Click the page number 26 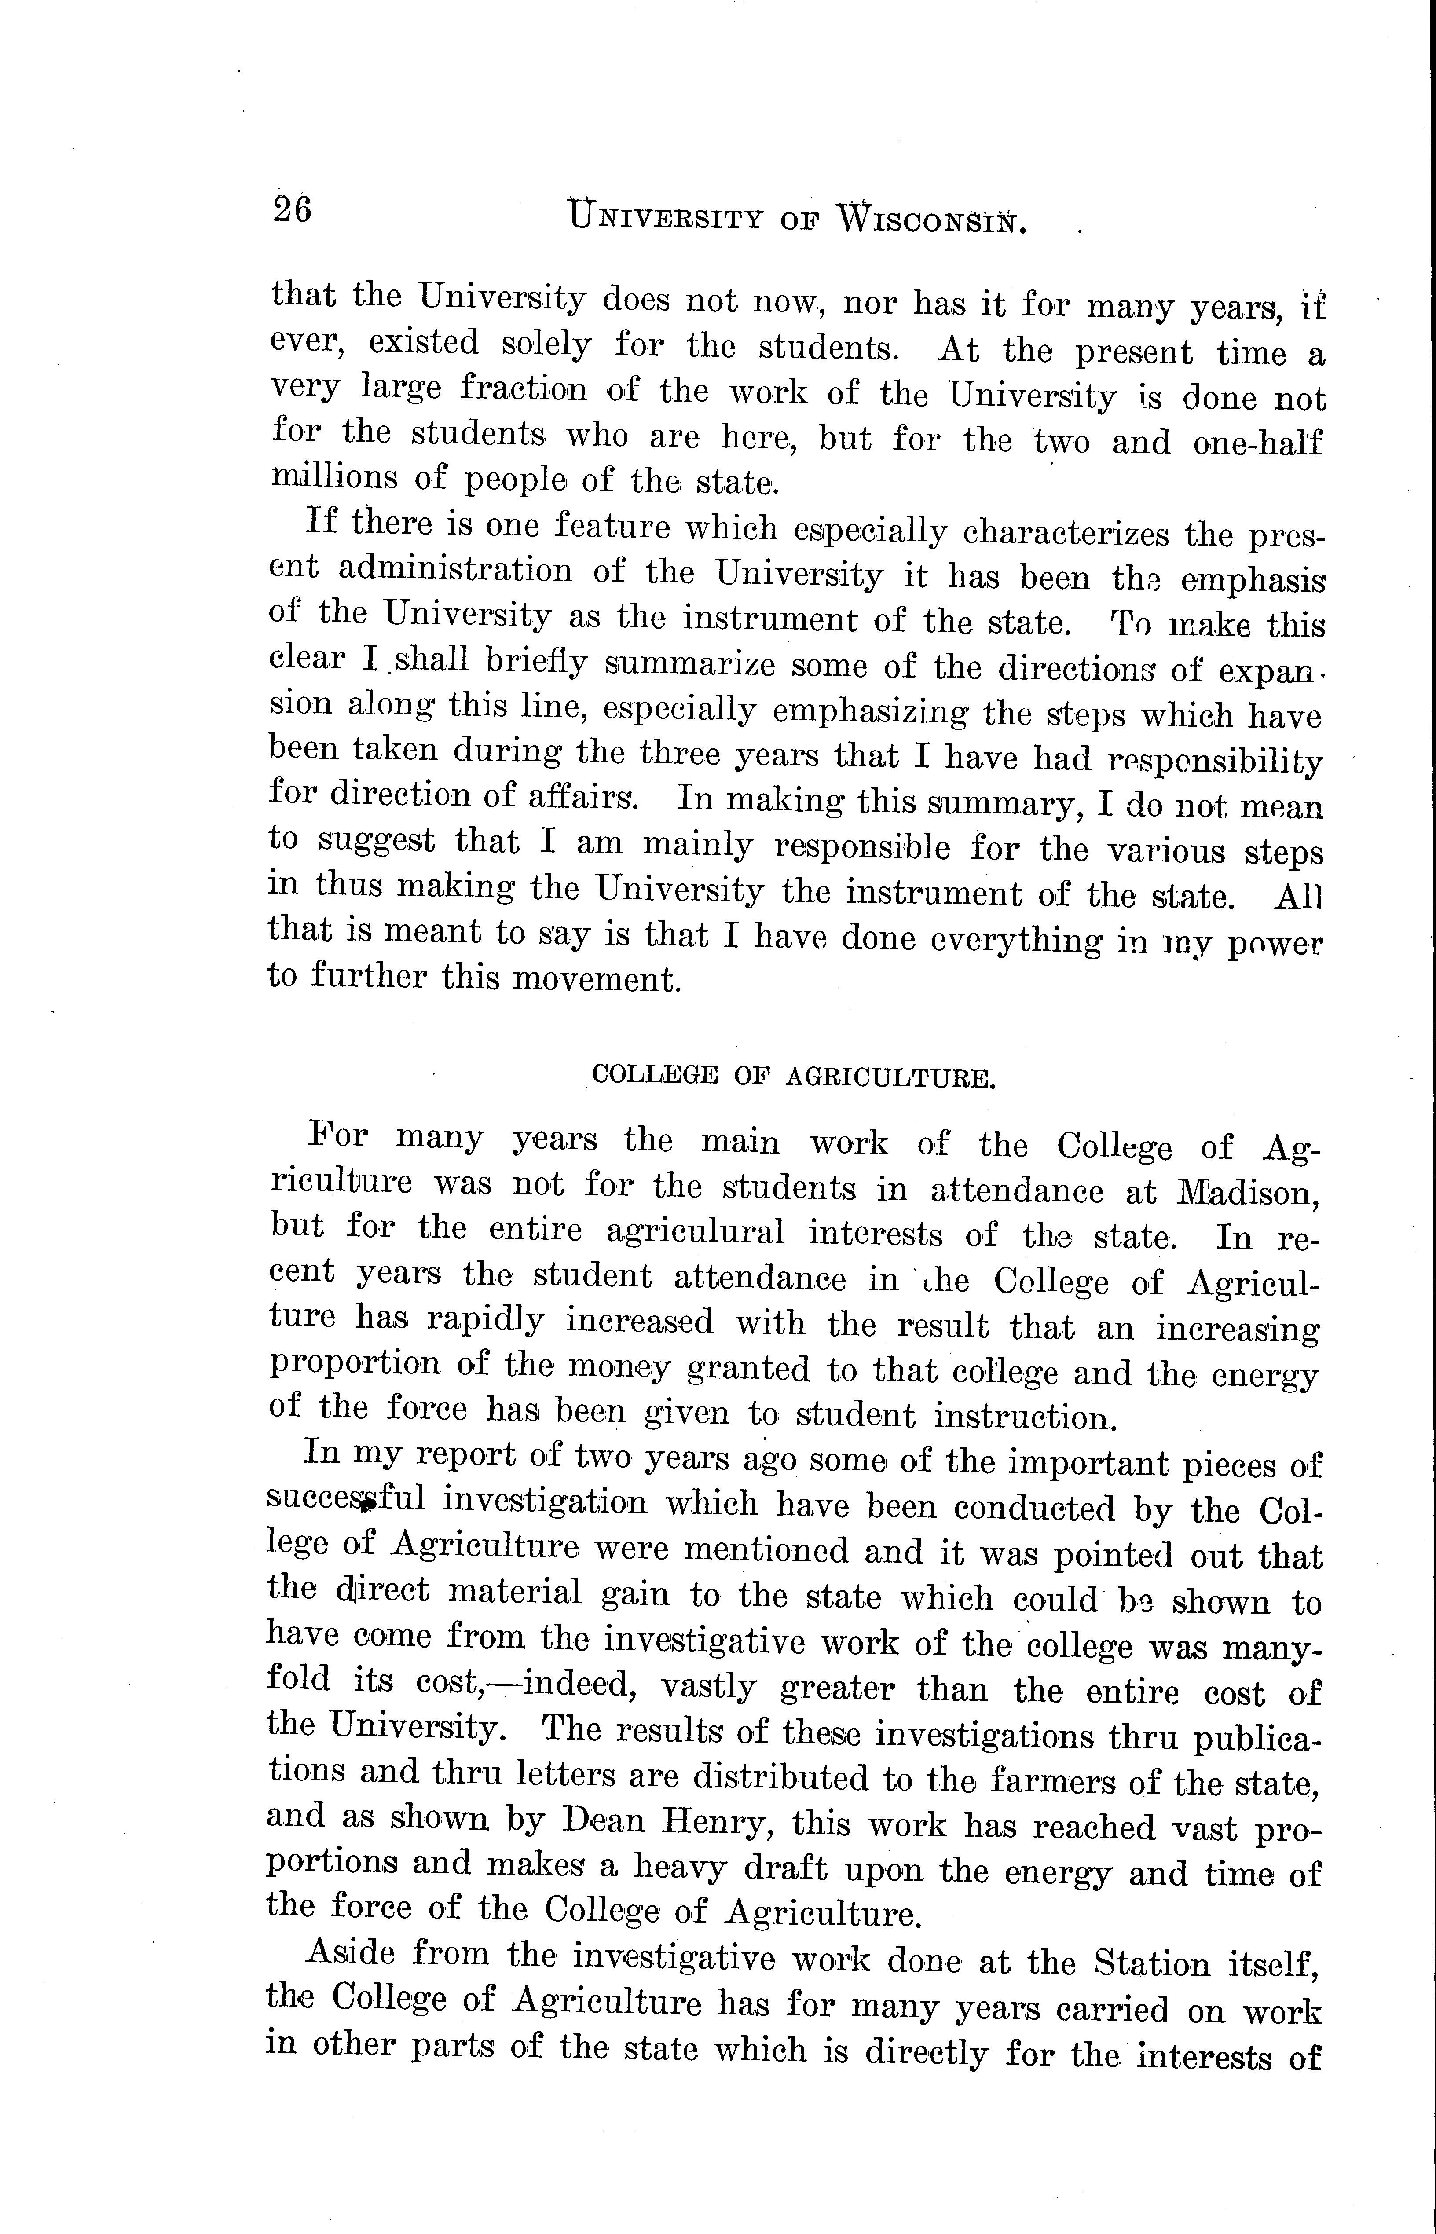coord(292,210)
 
